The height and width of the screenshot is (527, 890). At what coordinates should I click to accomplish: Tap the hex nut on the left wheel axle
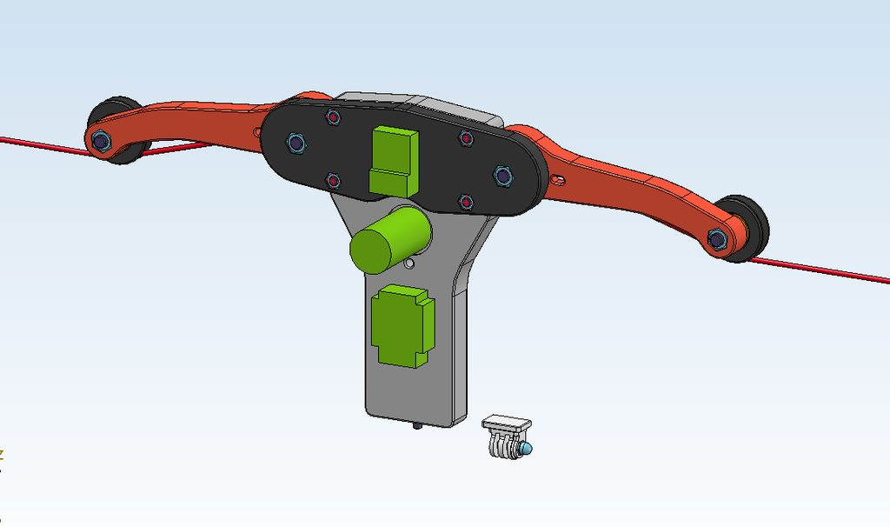click(x=99, y=139)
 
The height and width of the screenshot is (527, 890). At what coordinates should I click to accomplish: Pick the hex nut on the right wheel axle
click(x=718, y=237)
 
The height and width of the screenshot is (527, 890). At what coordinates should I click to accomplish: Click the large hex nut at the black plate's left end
click(x=296, y=142)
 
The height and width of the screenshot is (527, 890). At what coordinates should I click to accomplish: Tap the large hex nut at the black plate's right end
click(x=503, y=177)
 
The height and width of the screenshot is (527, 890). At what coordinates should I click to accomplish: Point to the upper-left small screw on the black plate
click(x=333, y=117)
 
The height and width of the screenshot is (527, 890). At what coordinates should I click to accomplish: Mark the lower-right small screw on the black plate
click(x=465, y=203)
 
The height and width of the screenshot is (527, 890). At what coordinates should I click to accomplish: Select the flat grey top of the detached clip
click(x=508, y=424)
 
